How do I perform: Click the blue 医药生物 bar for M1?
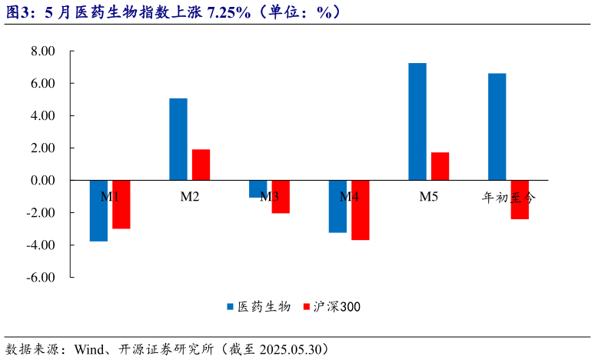click(98, 211)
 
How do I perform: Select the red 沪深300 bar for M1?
click(121, 205)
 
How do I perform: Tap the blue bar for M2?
click(178, 139)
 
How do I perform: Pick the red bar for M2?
click(201, 165)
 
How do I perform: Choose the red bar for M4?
click(360, 210)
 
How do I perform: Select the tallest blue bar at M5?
click(417, 122)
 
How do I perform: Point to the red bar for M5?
click(440, 166)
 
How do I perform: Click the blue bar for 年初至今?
click(497, 127)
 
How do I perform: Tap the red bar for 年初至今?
click(520, 200)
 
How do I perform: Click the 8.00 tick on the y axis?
click(43, 51)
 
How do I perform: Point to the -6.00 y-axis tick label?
click(42, 277)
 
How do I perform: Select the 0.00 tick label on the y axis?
click(43, 180)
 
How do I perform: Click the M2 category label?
click(190, 197)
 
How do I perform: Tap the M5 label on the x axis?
click(428, 197)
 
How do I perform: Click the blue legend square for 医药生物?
click(230, 306)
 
